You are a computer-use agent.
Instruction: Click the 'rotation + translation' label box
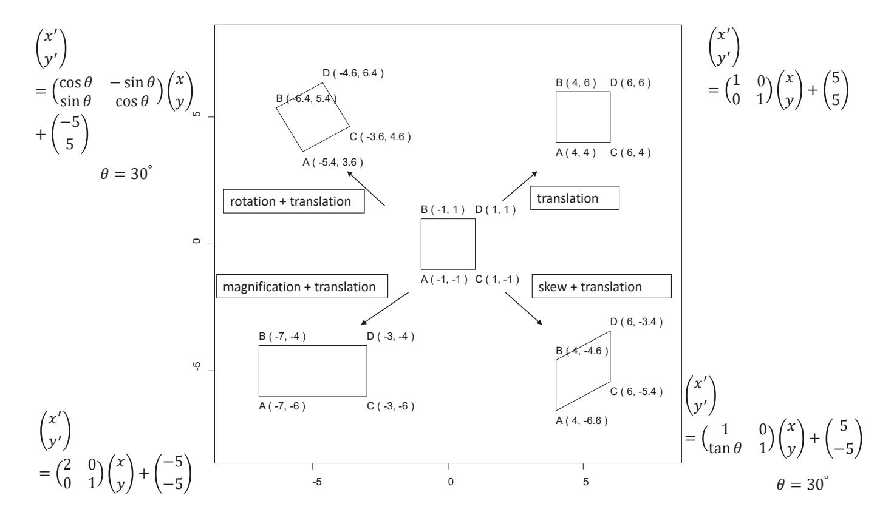pyautogui.click(x=294, y=201)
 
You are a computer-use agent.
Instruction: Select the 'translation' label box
pyautogui.click(x=575, y=198)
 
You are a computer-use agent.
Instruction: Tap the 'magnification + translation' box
pyautogui.click(x=302, y=287)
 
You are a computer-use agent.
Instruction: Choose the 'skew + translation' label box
pyautogui.click(x=601, y=286)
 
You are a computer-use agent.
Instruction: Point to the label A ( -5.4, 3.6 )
pyautogui.click(x=333, y=162)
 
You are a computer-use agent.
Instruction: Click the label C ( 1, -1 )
pyautogui.click(x=497, y=280)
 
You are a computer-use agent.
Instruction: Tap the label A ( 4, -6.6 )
pyautogui.click(x=582, y=420)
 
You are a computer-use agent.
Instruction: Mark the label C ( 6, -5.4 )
pyautogui.click(x=636, y=391)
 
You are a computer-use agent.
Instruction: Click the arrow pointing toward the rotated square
pyautogui.click(x=366, y=189)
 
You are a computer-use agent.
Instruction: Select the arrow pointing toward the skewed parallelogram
pyautogui.click(x=524, y=309)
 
